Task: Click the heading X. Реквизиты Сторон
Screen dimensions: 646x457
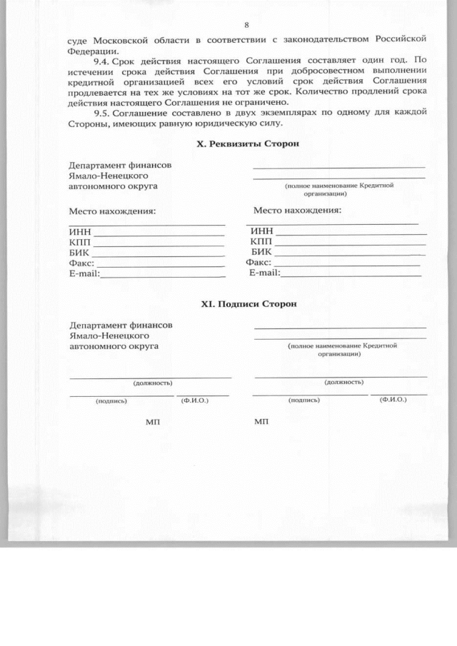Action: click(x=247, y=143)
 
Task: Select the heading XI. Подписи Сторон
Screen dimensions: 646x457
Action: click(x=248, y=304)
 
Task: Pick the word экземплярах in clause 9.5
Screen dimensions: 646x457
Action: click(x=271, y=112)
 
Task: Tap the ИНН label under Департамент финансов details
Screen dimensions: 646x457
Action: click(x=80, y=231)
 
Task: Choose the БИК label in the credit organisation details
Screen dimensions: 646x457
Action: click(x=262, y=252)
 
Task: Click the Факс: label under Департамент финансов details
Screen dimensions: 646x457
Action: click(x=83, y=263)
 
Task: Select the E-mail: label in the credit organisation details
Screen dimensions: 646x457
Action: click(x=264, y=273)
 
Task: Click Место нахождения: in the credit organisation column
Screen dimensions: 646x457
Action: click(x=297, y=211)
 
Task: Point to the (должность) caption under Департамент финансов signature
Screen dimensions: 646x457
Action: click(x=149, y=383)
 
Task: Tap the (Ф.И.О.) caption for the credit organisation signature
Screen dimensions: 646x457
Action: click(x=393, y=400)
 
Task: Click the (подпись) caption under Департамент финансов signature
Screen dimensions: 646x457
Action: click(x=111, y=400)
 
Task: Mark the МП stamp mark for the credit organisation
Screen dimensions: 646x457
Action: click(x=261, y=423)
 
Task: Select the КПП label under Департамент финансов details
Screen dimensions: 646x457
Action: click(x=81, y=242)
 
